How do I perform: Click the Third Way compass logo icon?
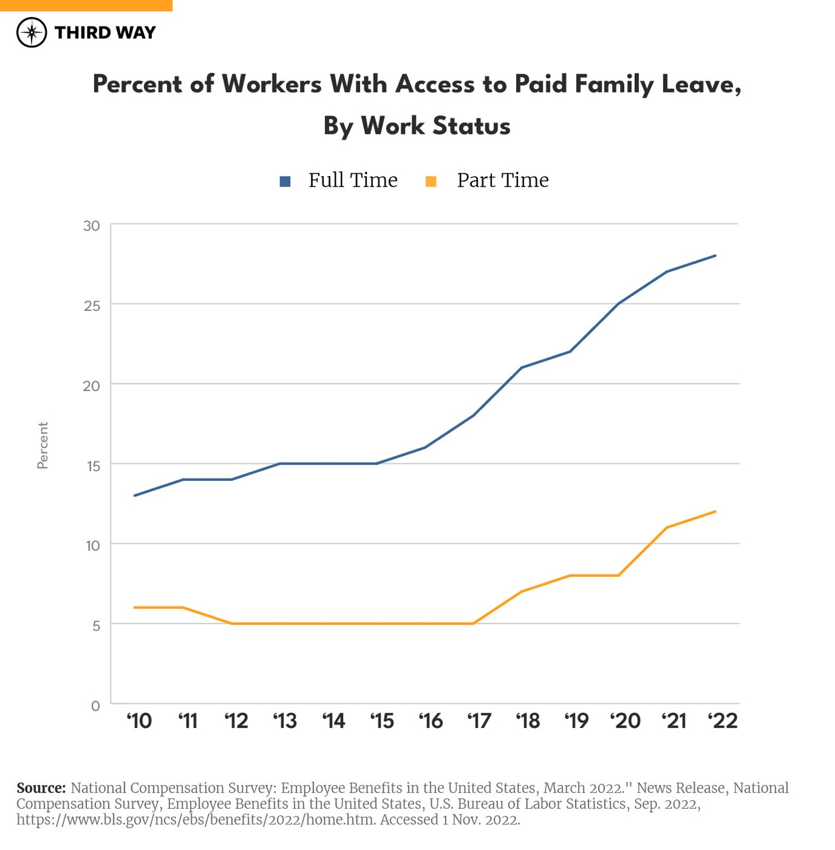coord(32,32)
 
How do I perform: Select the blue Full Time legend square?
coord(285,181)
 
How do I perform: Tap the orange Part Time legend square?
coord(430,181)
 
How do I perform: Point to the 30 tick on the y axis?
coord(91,226)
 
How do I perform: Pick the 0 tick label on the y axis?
coord(95,706)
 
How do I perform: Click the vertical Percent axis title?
coord(43,445)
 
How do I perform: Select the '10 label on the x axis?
coord(139,721)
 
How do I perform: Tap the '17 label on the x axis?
coord(479,721)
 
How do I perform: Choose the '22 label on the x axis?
coord(722,721)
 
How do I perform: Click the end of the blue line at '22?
coord(715,256)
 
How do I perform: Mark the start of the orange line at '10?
coord(135,607)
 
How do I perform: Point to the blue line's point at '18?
coord(522,367)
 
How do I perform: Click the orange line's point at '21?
coord(667,528)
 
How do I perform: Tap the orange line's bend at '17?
coord(473,623)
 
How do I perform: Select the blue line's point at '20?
coord(619,304)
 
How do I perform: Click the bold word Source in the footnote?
coord(41,788)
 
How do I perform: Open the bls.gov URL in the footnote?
coord(196,820)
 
